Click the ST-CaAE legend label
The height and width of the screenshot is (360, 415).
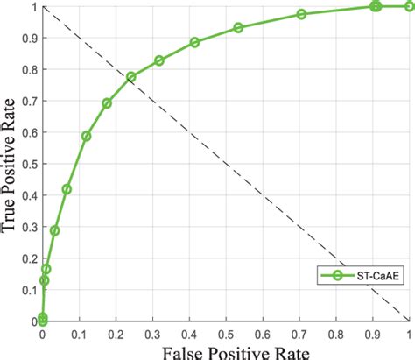(x=378, y=276)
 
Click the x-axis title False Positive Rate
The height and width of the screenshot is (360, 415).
(x=226, y=350)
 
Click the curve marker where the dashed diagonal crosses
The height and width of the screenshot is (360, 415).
(x=130, y=77)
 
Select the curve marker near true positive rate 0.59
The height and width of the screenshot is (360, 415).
(x=86, y=136)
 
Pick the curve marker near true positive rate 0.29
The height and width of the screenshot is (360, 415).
(x=54, y=230)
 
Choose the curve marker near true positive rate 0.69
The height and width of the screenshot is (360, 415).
(x=107, y=103)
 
